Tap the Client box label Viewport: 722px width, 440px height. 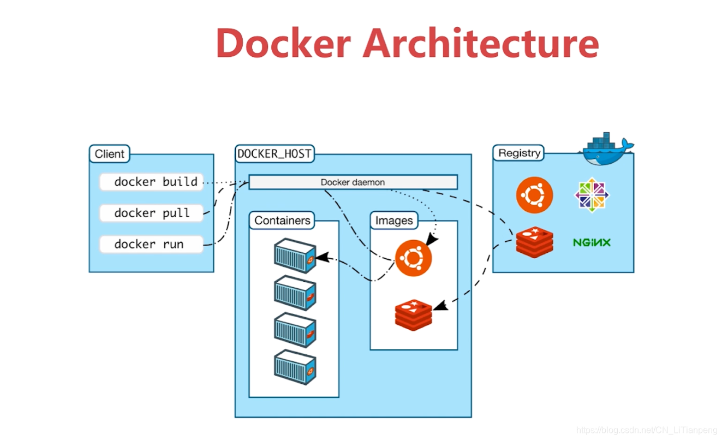[109, 154]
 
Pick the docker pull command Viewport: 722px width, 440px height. [152, 213]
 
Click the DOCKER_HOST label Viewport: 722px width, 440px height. [275, 154]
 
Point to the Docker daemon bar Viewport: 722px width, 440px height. [353, 182]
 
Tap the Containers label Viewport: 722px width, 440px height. [282, 221]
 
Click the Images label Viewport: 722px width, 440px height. [394, 221]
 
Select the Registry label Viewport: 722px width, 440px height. [519, 153]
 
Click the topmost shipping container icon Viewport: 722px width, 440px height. [295, 255]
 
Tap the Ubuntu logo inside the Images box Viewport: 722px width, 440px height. [413, 258]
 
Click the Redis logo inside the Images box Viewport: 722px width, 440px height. [413, 315]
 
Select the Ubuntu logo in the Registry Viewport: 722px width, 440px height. [534, 195]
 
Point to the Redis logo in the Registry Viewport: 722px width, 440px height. [534, 242]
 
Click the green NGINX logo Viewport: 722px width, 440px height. [592, 242]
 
